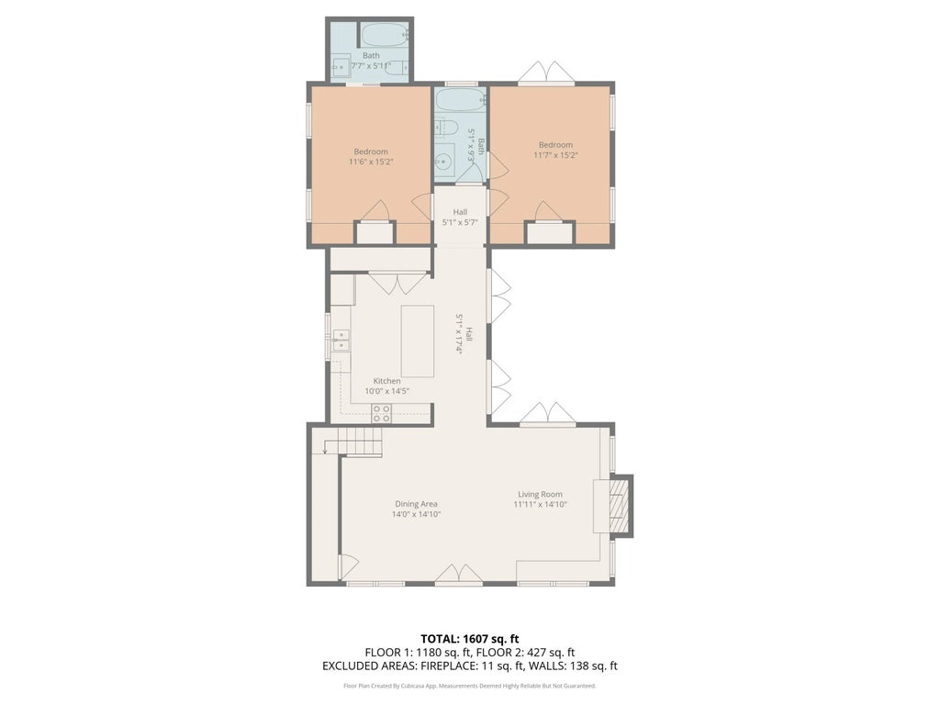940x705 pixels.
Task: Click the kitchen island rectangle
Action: tap(418, 341)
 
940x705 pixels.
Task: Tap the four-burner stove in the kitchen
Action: tap(381, 414)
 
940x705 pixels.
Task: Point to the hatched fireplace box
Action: tap(621, 505)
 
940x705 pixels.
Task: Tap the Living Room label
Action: tap(539, 494)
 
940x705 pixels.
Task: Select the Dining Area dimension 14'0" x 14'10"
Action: tap(416, 514)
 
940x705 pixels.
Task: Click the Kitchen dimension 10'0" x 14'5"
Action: tap(386, 391)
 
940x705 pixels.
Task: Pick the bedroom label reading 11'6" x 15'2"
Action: tap(371, 162)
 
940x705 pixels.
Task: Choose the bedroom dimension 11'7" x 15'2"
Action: tap(555, 155)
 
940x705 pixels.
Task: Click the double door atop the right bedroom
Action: tap(549, 73)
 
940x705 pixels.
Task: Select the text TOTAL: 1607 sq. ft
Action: tap(469, 638)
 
